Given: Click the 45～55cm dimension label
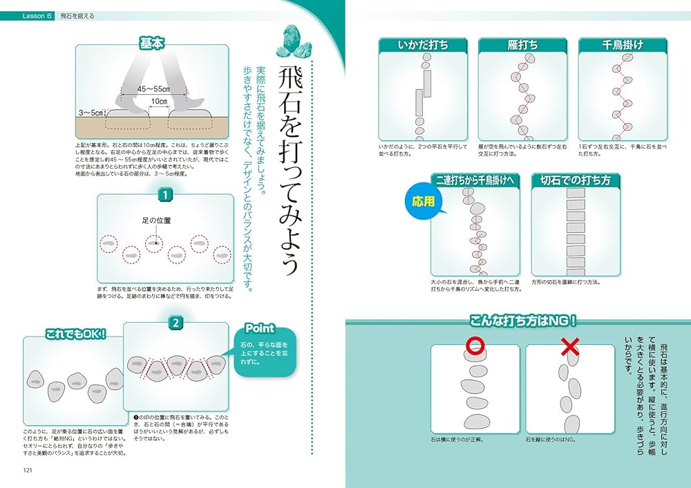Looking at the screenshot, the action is pos(153,89).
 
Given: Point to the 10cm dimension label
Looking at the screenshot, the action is pos(159,102).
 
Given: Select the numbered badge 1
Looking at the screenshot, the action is pos(165,195).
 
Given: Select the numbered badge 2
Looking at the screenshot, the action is pos(176,322).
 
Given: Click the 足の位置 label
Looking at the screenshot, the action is pos(156,220).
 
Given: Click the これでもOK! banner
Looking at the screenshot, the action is pos(75,334).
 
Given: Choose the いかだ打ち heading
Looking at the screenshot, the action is pos(423,45).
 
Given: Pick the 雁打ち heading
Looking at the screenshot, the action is pos(522,45).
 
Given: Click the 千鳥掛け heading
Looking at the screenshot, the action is pos(623,45).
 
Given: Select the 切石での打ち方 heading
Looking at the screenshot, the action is pos(576,181).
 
